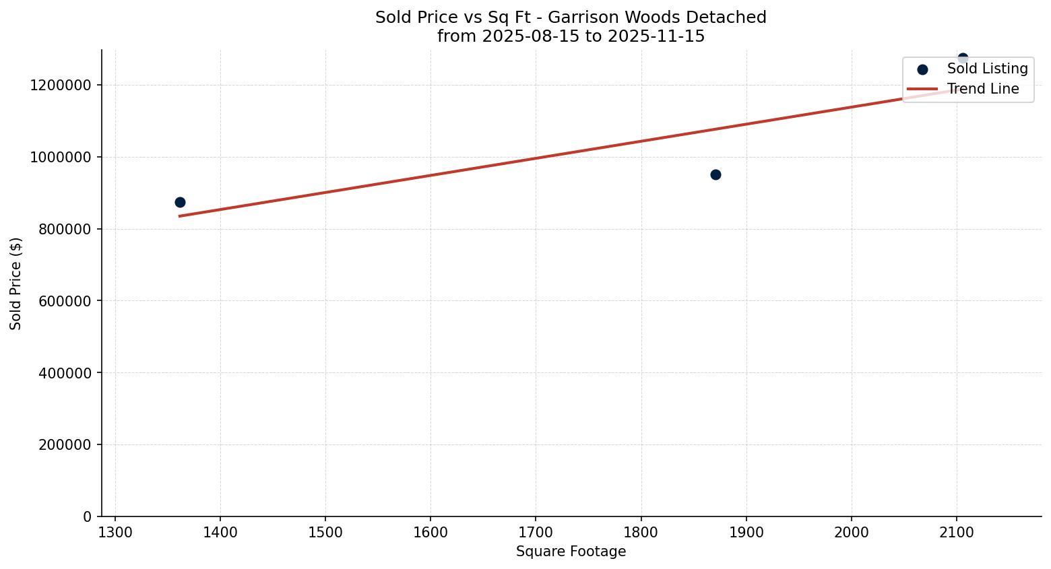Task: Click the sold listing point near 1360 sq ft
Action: pyautogui.click(x=180, y=202)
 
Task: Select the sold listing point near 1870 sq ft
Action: pyautogui.click(x=715, y=174)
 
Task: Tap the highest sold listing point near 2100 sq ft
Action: pyautogui.click(x=963, y=58)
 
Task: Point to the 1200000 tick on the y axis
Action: pyautogui.click(x=61, y=86)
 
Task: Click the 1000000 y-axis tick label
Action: pyautogui.click(x=61, y=157)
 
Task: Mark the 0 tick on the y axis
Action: pyautogui.click(x=87, y=516)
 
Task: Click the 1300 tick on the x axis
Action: pyautogui.click(x=115, y=532)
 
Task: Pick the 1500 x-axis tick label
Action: pyautogui.click(x=325, y=532)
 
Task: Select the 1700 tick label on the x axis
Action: pyautogui.click(x=536, y=532)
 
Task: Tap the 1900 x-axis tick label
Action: pyautogui.click(x=746, y=532)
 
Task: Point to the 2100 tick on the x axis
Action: pyautogui.click(x=956, y=532)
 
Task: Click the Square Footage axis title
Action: pyautogui.click(x=571, y=551)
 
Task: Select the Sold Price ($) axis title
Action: pyautogui.click(x=16, y=283)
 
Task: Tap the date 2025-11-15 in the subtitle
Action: pyautogui.click(x=656, y=36)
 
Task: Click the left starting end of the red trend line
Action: pyautogui.click(x=180, y=215)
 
